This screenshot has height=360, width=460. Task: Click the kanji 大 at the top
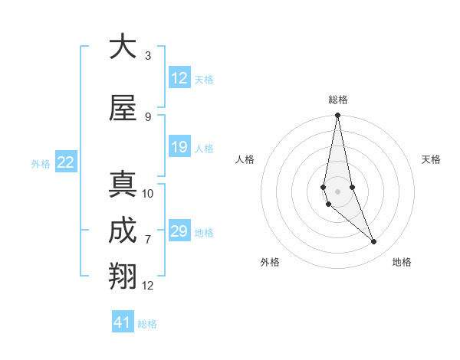click(123, 47)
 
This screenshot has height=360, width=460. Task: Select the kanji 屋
click(123, 108)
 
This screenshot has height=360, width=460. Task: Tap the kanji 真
click(123, 185)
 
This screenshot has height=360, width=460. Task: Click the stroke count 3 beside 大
click(148, 56)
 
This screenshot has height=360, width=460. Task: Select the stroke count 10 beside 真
click(148, 194)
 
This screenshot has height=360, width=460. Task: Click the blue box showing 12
click(179, 78)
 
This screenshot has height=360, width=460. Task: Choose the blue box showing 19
click(179, 147)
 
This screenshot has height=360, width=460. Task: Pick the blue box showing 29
click(179, 231)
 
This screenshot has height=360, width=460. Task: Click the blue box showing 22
click(65, 162)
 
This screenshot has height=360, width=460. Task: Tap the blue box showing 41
click(122, 322)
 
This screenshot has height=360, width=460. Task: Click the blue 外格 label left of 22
click(41, 163)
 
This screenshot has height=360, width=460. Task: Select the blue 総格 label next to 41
click(147, 324)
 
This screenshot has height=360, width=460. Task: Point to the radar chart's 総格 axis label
click(337, 100)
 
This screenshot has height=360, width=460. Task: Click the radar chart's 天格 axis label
click(432, 159)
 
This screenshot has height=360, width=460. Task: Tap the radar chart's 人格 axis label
click(245, 159)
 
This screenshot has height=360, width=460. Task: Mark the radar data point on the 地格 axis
click(374, 242)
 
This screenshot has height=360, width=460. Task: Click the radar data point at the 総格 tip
click(337, 116)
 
